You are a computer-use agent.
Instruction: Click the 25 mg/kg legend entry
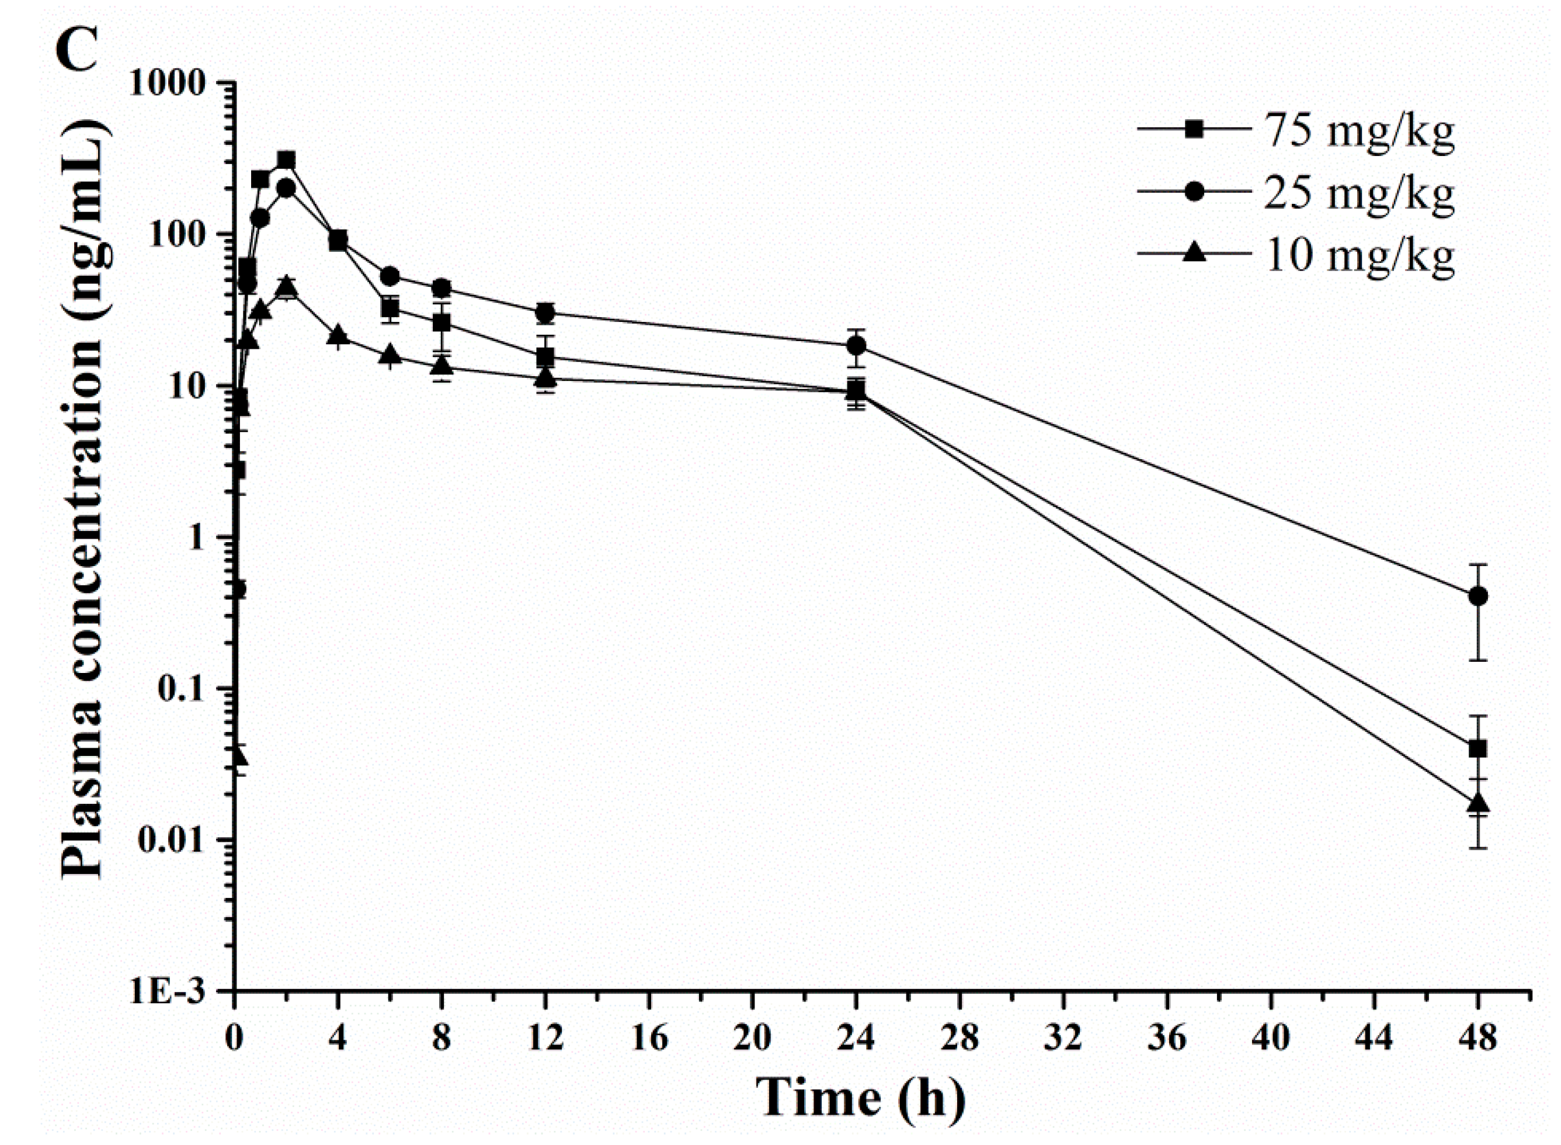(x=1296, y=193)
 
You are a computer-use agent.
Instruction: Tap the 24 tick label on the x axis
(x=856, y=1038)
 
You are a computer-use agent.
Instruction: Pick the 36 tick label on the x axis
(x=1167, y=1038)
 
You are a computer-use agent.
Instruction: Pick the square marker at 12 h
(x=546, y=357)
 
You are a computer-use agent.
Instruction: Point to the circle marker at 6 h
(x=390, y=276)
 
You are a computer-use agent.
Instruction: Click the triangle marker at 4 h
(x=338, y=335)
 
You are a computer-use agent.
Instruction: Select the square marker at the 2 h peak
(x=286, y=161)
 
